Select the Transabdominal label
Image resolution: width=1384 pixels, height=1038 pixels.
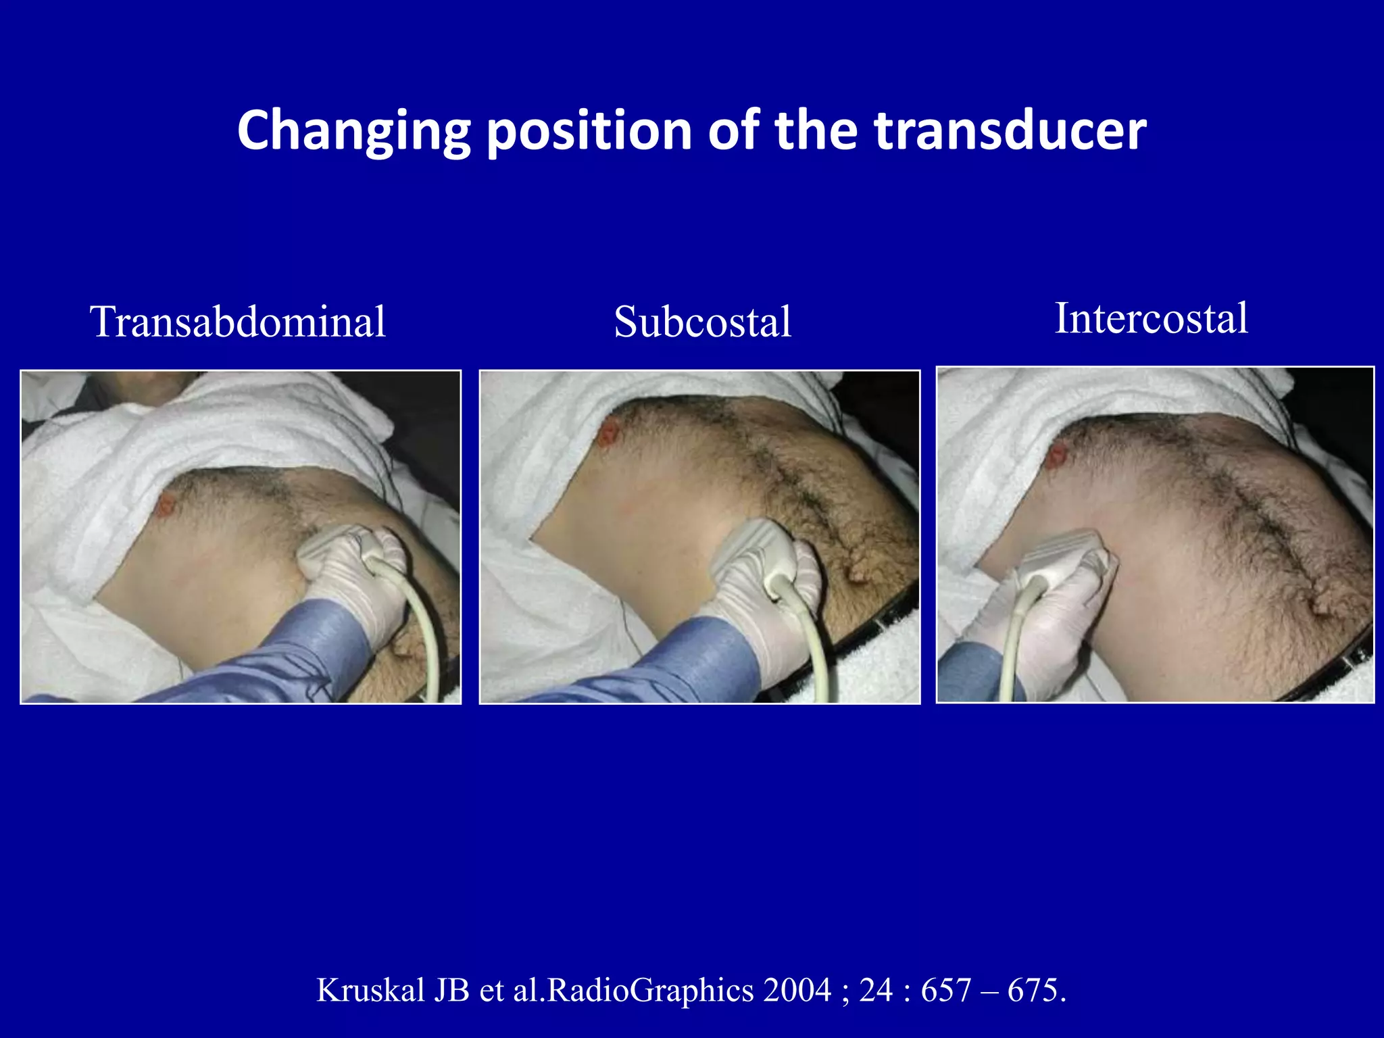(238, 322)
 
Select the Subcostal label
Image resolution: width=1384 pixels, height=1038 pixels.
(702, 322)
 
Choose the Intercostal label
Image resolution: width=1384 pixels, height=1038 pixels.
(1151, 318)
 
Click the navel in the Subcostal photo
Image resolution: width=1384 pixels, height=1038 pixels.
(858, 574)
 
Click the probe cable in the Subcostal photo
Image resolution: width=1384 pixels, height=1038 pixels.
(814, 642)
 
